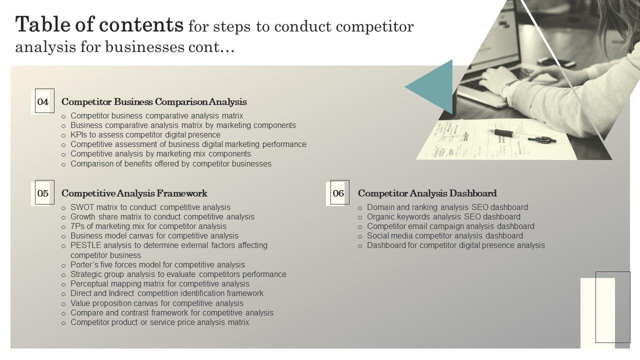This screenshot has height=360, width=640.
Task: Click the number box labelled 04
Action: [x=43, y=102]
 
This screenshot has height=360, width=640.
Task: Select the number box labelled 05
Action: [x=43, y=193]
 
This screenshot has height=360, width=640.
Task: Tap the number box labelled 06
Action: [x=338, y=193]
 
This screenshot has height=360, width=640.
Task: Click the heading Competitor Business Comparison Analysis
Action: [x=154, y=102]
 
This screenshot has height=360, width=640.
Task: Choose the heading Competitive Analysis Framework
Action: [x=134, y=193]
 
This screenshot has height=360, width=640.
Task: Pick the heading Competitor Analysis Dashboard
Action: [x=427, y=193]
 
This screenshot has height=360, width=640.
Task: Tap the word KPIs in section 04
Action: [x=79, y=135]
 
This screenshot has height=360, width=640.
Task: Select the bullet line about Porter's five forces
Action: [x=157, y=265]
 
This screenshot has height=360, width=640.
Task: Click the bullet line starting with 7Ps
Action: [x=148, y=226]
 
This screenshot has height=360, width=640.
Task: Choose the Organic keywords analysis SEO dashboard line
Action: [x=443, y=217]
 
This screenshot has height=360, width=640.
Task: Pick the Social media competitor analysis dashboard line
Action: [x=444, y=236]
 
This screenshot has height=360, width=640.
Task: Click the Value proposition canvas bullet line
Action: [x=156, y=303]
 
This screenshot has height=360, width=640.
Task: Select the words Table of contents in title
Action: [x=99, y=25]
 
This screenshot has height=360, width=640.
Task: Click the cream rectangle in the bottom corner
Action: [x=597, y=312]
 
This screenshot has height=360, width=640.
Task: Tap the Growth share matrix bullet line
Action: [x=162, y=217]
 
